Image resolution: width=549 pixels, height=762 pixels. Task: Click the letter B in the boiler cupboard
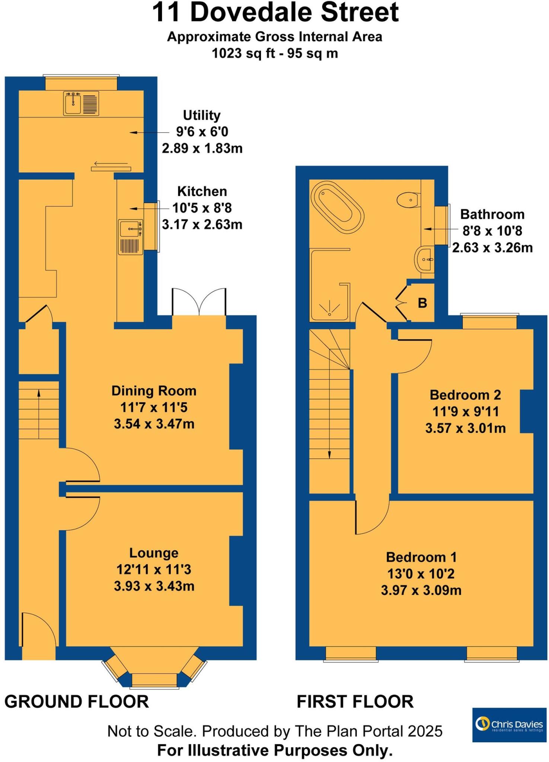[x=422, y=303]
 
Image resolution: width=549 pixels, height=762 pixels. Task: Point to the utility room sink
[x=73, y=103]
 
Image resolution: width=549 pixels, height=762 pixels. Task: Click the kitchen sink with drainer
[x=130, y=237]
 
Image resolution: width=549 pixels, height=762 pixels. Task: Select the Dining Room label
[x=154, y=391]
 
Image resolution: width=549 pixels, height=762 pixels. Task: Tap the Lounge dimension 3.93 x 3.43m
[x=154, y=586]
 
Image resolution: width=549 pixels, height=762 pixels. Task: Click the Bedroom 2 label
[x=465, y=395]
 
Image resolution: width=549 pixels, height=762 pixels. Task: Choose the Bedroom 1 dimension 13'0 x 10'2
[x=421, y=574]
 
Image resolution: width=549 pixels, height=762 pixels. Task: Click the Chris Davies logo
[x=509, y=724]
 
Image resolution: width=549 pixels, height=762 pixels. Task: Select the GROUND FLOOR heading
[x=77, y=701]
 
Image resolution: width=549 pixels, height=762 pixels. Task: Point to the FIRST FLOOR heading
[x=355, y=701]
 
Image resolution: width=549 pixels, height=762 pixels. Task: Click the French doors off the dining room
[x=199, y=302]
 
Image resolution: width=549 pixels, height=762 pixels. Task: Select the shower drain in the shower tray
[x=329, y=314]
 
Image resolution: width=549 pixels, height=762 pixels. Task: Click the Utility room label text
[x=201, y=115]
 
